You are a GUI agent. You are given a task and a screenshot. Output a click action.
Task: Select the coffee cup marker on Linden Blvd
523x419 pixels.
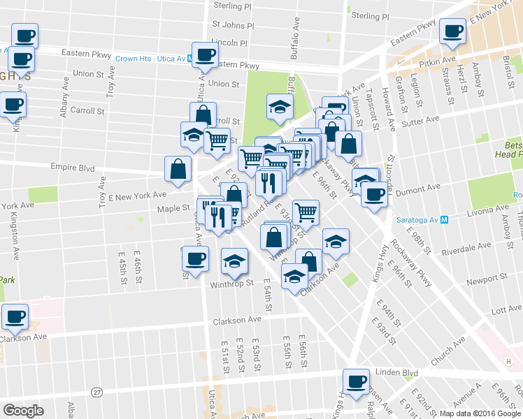click(356, 382)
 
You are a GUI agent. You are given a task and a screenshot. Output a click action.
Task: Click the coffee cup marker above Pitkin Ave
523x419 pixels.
click(452, 31)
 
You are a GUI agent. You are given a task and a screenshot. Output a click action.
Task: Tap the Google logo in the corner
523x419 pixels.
click(23, 411)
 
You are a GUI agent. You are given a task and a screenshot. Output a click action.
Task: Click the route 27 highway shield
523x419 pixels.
click(96, 392)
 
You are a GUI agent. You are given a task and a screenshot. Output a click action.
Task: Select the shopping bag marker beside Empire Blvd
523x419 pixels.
click(178, 168)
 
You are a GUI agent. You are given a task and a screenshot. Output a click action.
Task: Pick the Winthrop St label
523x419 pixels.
click(231, 284)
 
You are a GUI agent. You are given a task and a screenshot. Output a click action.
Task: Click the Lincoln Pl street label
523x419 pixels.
click(229, 43)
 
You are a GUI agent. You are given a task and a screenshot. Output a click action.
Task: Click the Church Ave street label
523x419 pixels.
click(448, 352)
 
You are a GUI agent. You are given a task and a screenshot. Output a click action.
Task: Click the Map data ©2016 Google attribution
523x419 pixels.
click(480, 413)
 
